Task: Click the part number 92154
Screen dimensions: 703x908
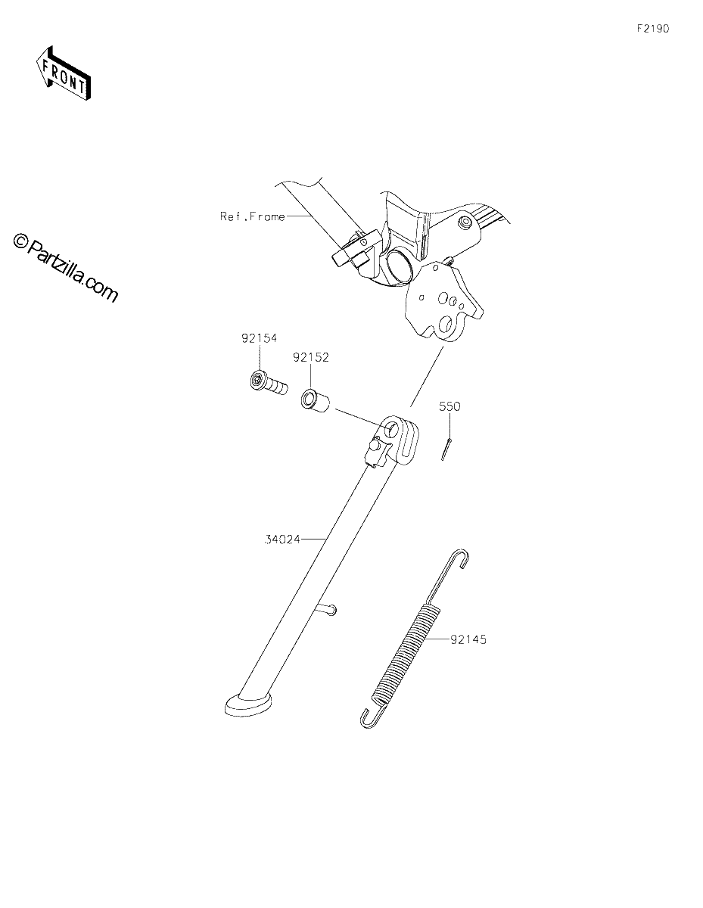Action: click(x=259, y=338)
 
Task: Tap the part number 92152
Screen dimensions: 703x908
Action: click(x=311, y=357)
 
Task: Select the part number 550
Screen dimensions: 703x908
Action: click(x=449, y=406)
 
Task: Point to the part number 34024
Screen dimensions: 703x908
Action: click(x=282, y=540)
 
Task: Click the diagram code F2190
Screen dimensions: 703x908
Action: click(x=653, y=29)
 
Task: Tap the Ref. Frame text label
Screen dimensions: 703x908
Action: click(x=253, y=216)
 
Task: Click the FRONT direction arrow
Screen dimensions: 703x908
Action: click(x=64, y=73)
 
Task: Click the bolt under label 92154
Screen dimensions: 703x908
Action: click(x=269, y=384)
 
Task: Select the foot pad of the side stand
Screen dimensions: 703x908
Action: click(x=248, y=704)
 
